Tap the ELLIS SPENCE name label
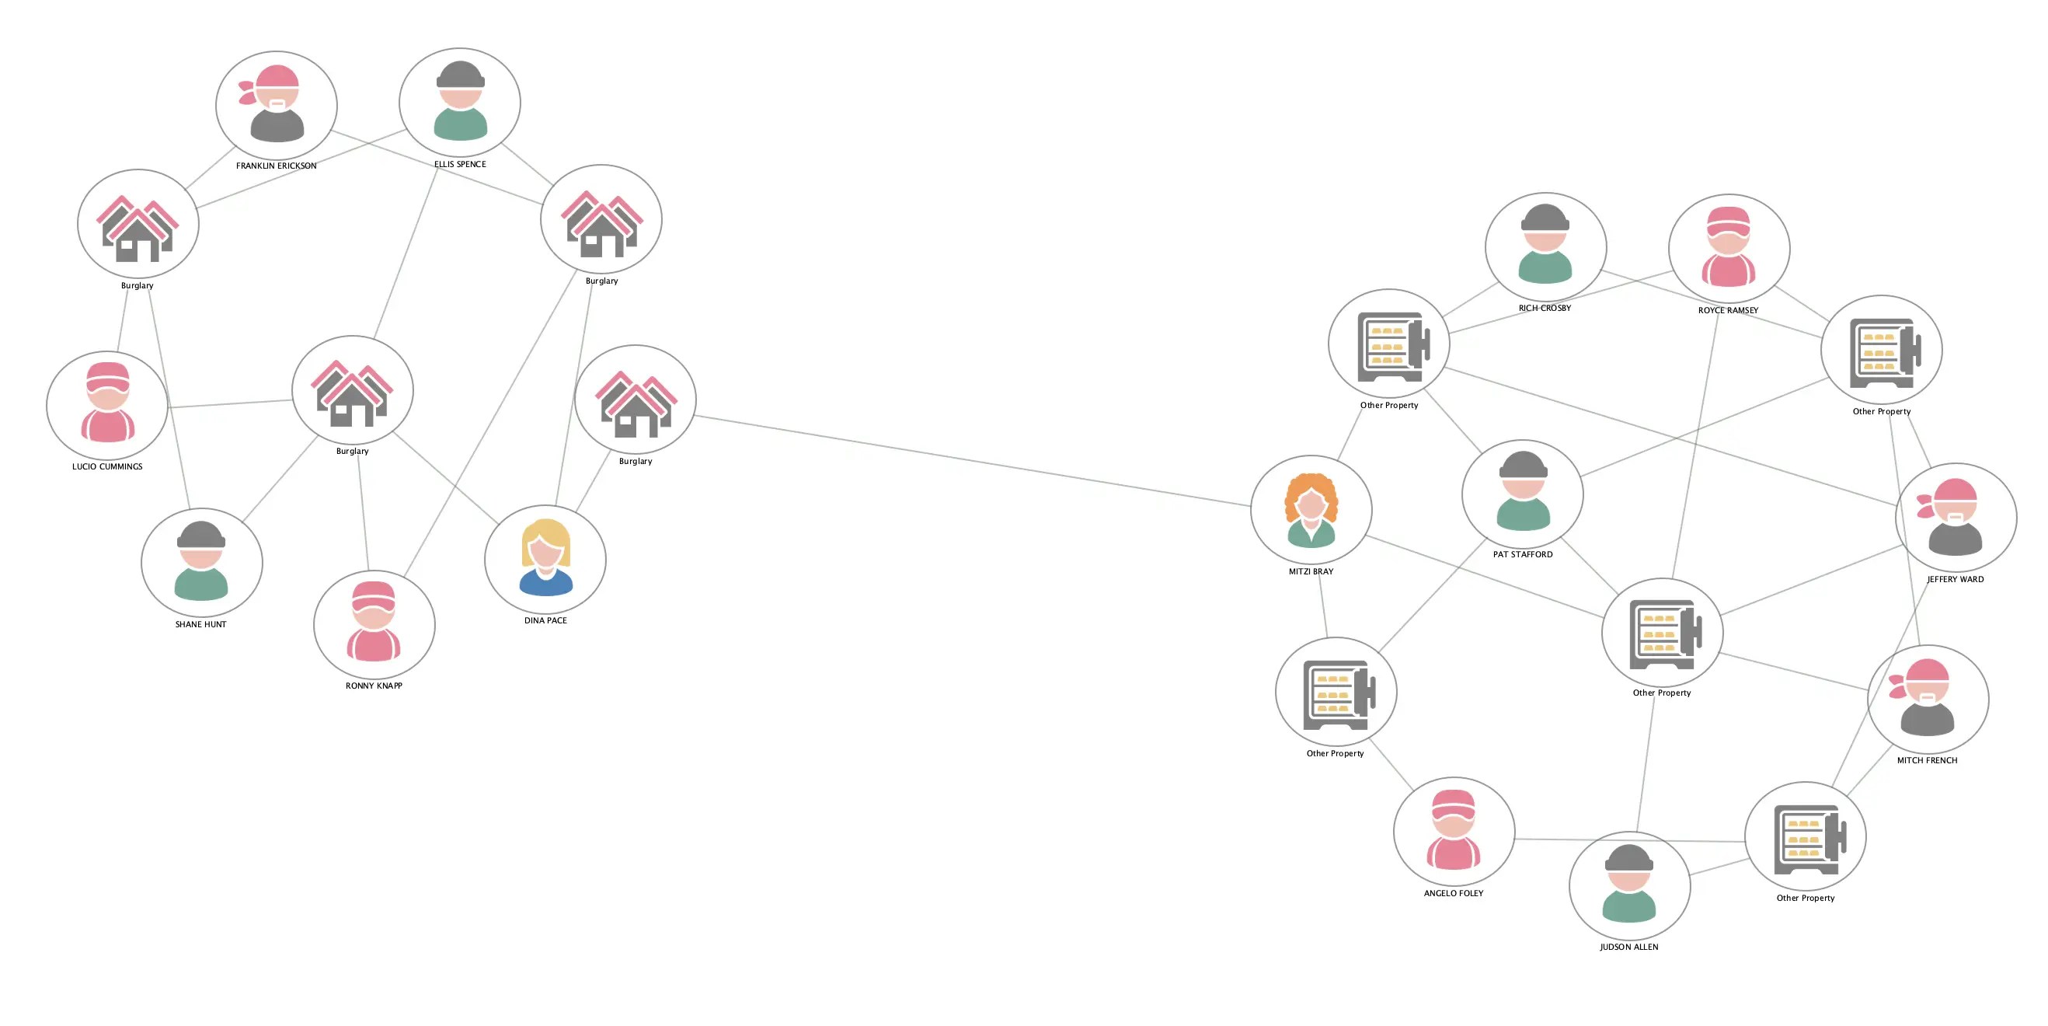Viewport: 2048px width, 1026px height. pos(459,164)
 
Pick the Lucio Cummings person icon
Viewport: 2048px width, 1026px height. pos(107,403)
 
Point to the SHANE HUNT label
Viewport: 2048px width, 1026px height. pos(200,624)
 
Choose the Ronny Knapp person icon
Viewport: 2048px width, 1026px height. pos(374,622)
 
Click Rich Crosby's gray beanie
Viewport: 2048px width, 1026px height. pos(1545,217)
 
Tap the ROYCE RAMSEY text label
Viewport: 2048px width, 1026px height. pos(1728,310)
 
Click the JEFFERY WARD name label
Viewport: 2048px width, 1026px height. pos(1955,579)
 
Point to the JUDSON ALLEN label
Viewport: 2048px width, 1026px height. pos(1629,947)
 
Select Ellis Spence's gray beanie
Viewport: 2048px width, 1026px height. pos(459,75)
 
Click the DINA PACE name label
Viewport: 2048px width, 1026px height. pos(545,620)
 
